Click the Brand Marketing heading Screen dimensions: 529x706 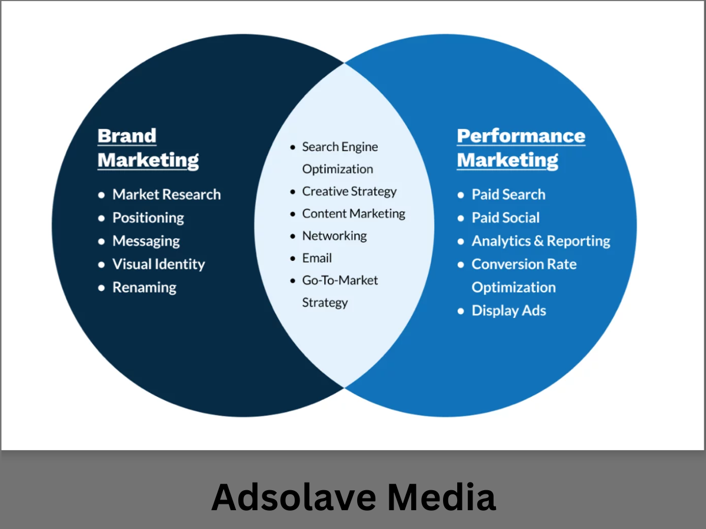click(x=148, y=148)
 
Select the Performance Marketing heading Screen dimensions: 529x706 click(x=521, y=148)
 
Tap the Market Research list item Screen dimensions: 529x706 click(x=166, y=195)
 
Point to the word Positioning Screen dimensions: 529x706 click(x=148, y=218)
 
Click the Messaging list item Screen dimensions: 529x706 click(x=146, y=241)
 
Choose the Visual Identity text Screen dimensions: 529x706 click(x=158, y=264)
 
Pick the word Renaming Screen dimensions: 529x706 click(x=144, y=287)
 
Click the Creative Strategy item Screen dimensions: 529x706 click(x=349, y=192)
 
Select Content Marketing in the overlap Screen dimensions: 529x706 click(x=354, y=214)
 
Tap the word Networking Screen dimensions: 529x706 click(x=334, y=236)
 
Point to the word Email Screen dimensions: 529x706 click(x=317, y=258)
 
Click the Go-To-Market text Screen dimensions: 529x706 click(x=340, y=280)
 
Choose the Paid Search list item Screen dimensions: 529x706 click(x=508, y=195)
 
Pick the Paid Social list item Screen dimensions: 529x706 click(x=505, y=218)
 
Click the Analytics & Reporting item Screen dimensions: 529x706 click(x=541, y=241)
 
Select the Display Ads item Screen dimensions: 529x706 click(x=509, y=310)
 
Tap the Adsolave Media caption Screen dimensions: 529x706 click(x=353, y=497)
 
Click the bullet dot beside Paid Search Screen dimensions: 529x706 click(x=461, y=195)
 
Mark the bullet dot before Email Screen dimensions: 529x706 click(x=292, y=259)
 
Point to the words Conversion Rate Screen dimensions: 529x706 click(x=524, y=264)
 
